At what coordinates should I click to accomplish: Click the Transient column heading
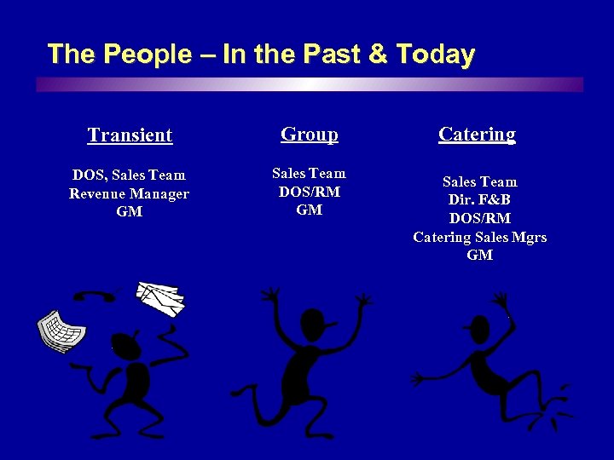click(x=130, y=135)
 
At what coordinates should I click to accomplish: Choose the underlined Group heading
click(x=309, y=134)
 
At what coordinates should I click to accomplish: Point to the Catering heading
click(x=477, y=134)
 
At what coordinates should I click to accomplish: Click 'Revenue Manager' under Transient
click(x=130, y=193)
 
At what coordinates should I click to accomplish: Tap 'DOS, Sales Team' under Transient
click(x=130, y=175)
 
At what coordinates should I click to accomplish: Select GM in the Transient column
click(x=130, y=211)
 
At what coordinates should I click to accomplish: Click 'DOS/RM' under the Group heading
click(x=309, y=192)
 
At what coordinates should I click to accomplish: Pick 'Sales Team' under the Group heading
click(x=309, y=174)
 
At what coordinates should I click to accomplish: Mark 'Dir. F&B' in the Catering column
click(x=479, y=200)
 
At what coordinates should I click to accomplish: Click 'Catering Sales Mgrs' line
click(x=479, y=237)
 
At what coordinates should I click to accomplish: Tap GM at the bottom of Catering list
click(x=479, y=255)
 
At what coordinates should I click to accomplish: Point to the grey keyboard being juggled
click(x=61, y=331)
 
